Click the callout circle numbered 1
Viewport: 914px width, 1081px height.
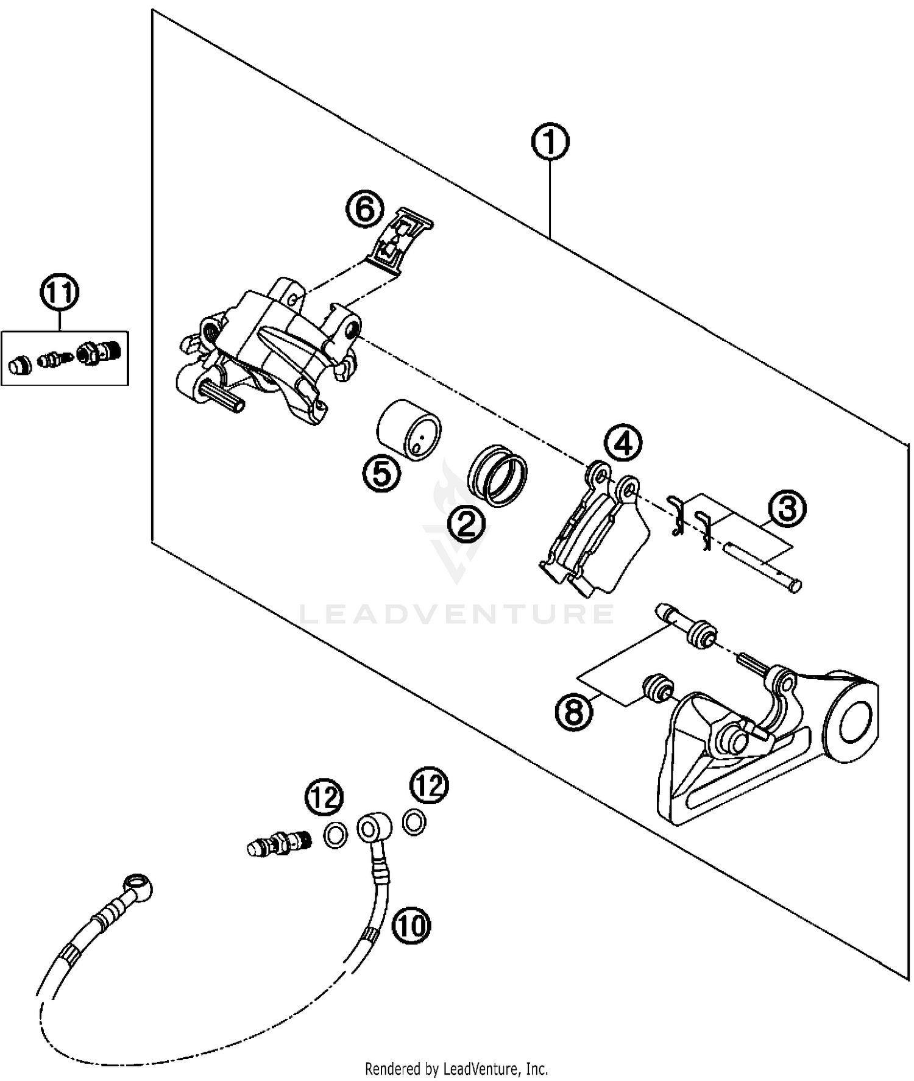(x=550, y=143)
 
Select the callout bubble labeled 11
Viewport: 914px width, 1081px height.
(x=60, y=293)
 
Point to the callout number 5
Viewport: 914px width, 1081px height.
(x=382, y=473)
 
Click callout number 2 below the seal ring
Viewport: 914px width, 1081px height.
(x=466, y=523)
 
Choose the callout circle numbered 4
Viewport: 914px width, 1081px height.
(x=623, y=443)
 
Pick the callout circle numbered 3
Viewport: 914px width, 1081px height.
(x=787, y=508)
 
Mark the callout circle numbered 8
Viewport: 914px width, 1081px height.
(x=574, y=710)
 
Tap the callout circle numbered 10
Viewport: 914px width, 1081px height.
(x=411, y=926)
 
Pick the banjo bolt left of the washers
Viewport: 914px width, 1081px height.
(x=280, y=844)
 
